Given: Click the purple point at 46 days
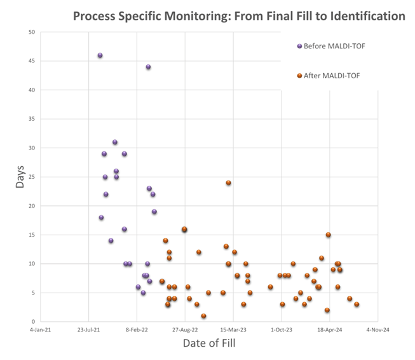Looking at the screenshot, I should tap(100, 55).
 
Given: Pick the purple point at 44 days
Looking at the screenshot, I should tap(148, 67).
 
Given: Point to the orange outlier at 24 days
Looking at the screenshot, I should tap(228, 183).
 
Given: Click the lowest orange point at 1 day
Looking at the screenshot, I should tap(203, 316).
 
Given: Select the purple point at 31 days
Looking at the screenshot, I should tap(115, 142).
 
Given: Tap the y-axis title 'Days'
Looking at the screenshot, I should tap(20, 176).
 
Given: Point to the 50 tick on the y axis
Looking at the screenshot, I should tap(32, 32).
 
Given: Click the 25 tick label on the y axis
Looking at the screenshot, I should tap(32, 177).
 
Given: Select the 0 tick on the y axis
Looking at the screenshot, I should tap(34, 322).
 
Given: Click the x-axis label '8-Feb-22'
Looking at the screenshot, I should tap(137, 330).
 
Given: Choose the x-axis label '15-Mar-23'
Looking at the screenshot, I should tap(233, 330).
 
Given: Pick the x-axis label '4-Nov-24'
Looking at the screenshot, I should tap(377, 330).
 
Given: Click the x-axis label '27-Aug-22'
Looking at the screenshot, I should tap(185, 330).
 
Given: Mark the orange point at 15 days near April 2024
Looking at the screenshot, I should tap(328, 235).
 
